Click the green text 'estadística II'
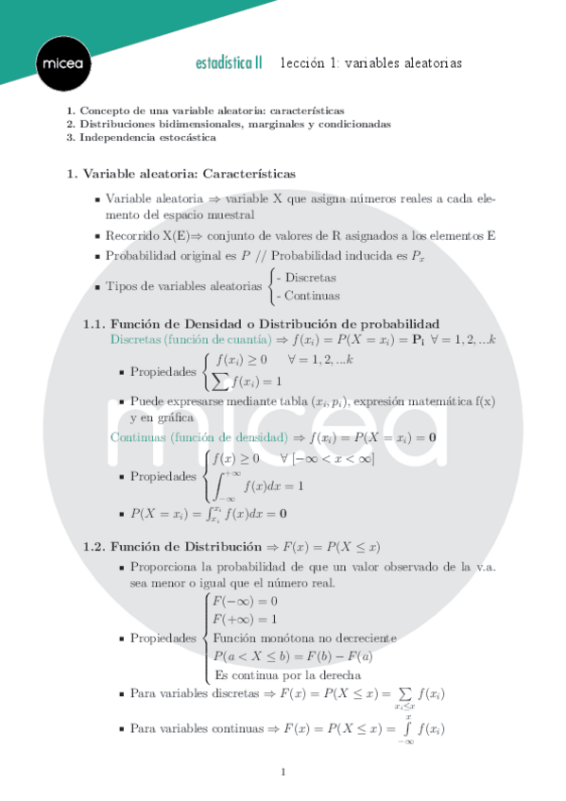pyautogui.click(x=229, y=63)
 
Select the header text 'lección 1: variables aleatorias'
pyautogui.click(x=370, y=63)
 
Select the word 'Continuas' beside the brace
pyautogui.click(x=308, y=296)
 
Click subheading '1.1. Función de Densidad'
pyautogui.click(x=261, y=323)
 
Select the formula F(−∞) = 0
pyautogui.click(x=245, y=601)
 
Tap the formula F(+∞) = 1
pyautogui.click(x=245, y=619)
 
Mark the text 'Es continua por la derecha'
pyautogui.click(x=287, y=674)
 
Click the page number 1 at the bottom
pyautogui.click(x=283, y=773)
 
